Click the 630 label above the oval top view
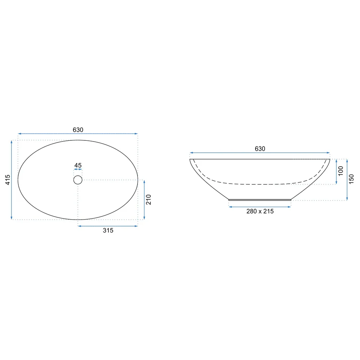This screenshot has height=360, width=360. (x=78, y=130)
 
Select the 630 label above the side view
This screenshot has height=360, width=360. (x=260, y=149)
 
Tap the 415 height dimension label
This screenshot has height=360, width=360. (x=8, y=180)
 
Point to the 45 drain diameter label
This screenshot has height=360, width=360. (x=78, y=165)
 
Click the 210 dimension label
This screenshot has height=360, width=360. (x=149, y=199)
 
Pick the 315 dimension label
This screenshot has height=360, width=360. (x=108, y=230)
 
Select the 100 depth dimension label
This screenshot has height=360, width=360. (x=341, y=171)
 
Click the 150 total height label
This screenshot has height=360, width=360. (x=351, y=179)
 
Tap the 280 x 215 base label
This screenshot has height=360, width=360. (x=260, y=211)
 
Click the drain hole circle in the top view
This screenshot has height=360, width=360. (x=78, y=176)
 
